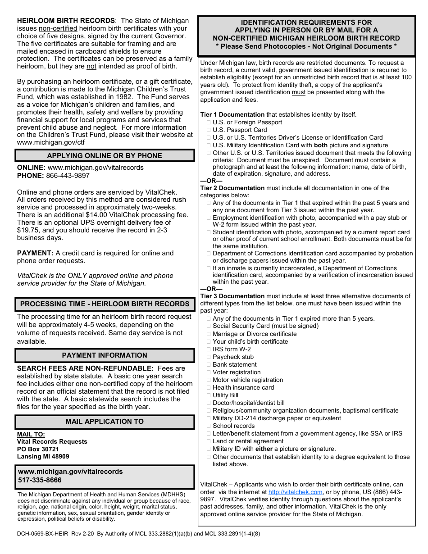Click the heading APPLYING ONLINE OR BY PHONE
point(105,156)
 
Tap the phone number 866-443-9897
point(68,176)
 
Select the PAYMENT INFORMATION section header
point(105,355)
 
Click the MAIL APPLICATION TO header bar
point(105,422)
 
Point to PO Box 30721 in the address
point(38,449)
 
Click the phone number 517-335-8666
point(40,480)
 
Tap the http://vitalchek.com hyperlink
point(295,492)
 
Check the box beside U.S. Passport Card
point(209,130)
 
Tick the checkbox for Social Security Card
point(209,326)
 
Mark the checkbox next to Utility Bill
point(209,395)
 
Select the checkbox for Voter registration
point(209,372)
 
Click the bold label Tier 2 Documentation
point(232,188)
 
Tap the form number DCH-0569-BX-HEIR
point(42,534)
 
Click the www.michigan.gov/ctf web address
point(50,142)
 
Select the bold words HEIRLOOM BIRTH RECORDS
point(66,21)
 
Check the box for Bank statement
point(209,365)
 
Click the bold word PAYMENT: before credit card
point(35,253)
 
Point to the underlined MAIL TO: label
point(31,434)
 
